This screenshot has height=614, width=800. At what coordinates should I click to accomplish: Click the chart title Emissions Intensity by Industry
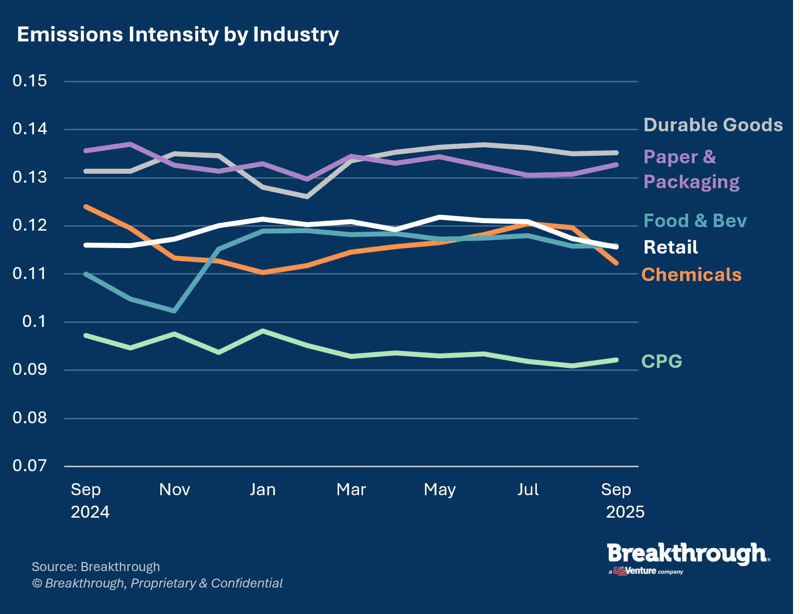click(x=178, y=35)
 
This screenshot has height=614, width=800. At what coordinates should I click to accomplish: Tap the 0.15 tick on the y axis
click(x=30, y=81)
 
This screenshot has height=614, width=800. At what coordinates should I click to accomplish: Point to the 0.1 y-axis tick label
click(x=34, y=321)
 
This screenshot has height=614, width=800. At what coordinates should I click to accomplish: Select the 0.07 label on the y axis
click(x=30, y=466)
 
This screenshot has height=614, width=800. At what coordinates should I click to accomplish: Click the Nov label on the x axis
click(x=174, y=490)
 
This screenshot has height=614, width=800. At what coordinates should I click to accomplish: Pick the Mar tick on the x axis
click(x=351, y=490)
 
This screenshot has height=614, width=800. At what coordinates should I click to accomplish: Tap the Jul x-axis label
click(x=528, y=490)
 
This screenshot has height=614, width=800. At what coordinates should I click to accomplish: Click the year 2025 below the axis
click(x=625, y=512)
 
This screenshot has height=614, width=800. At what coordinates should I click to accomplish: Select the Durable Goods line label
click(x=713, y=125)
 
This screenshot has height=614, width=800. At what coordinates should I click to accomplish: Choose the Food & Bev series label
click(x=695, y=221)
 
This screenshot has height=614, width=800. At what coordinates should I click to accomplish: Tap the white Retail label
click(x=670, y=247)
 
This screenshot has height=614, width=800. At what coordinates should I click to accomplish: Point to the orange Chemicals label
click(x=691, y=275)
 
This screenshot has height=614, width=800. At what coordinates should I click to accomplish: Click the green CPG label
click(x=661, y=361)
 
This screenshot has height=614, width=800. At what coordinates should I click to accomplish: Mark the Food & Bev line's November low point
click(x=174, y=311)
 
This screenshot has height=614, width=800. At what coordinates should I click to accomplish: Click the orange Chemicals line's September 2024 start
click(x=86, y=206)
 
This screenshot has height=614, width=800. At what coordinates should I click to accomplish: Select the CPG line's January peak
click(x=263, y=330)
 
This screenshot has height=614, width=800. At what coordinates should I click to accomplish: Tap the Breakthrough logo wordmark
click(x=688, y=554)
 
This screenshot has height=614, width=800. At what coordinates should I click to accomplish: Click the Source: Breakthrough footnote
click(x=96, y=567)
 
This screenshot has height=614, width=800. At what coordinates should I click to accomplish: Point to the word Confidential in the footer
click(x=247, y=583)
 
